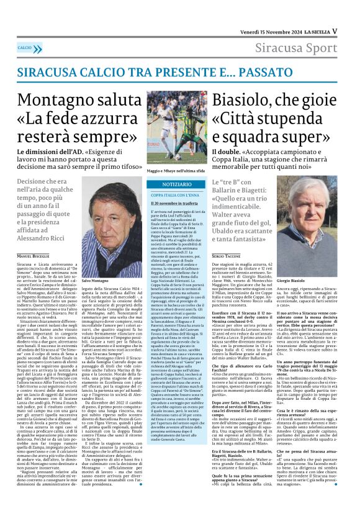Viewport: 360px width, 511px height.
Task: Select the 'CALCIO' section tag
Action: pos(25,48)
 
